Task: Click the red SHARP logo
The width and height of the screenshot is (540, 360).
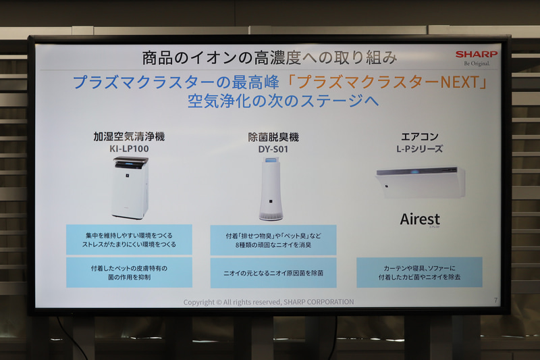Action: click(476, 54)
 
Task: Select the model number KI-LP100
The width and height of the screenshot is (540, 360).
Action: click(129, 149)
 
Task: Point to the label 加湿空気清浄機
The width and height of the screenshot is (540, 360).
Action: click(129, 136)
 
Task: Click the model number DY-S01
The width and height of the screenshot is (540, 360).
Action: click(273, 149)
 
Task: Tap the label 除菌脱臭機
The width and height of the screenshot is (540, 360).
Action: click(273, 137)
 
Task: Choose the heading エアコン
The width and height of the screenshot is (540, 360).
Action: click(419, 136)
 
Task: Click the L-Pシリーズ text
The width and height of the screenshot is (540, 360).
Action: click(419, 148)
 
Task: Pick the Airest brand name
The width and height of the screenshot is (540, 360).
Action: click(419, 220)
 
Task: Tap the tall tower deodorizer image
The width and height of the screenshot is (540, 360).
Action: click(271, 189)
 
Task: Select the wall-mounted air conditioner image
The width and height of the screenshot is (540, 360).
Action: click(420, 182)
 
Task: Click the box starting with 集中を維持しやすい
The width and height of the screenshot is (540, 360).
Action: click(129, 240)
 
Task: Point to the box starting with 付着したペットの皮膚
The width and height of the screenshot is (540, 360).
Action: click(129, 272)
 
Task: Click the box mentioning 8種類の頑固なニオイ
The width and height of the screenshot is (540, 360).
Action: click(273, 240)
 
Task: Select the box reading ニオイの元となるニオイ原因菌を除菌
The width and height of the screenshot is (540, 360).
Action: click(273, 273)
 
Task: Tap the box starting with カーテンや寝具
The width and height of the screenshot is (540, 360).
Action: click(419, 272)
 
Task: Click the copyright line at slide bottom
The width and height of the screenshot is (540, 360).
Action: click(269, 302)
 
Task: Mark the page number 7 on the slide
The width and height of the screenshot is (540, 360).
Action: click(495, 301)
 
